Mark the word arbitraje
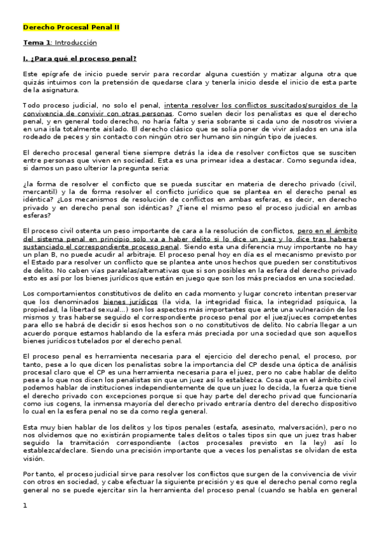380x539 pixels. click(151, 252)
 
